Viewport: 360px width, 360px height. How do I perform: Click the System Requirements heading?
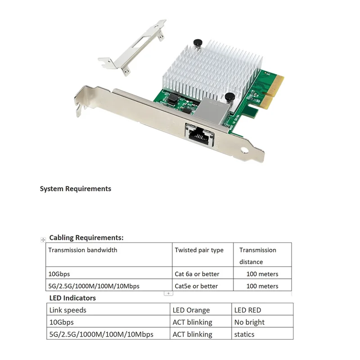pos(76,189)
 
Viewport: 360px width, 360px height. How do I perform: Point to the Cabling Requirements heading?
pos(86,238)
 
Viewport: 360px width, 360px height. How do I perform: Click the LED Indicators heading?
pos(72,298)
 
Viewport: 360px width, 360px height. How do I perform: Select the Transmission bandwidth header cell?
pos(83,250)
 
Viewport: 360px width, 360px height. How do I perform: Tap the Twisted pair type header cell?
pos(199,250)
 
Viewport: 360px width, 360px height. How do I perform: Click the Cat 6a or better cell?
pos(197,274)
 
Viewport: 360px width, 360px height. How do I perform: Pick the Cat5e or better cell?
pos(196,286)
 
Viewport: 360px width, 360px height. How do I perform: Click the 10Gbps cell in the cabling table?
pos(59,274)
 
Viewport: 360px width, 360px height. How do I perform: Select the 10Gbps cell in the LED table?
pos(61,322)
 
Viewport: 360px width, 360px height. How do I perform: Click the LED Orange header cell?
pos(191,310)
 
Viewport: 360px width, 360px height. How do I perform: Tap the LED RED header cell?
pos(247,310)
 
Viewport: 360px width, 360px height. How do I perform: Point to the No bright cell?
pos(249,322)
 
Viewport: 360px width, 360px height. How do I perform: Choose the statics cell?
pos(244,334)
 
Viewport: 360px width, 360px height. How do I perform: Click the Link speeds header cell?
pos(67,310)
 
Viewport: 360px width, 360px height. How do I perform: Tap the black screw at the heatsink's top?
pos(197,43)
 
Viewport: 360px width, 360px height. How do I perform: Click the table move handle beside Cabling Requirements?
pos(43,240)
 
